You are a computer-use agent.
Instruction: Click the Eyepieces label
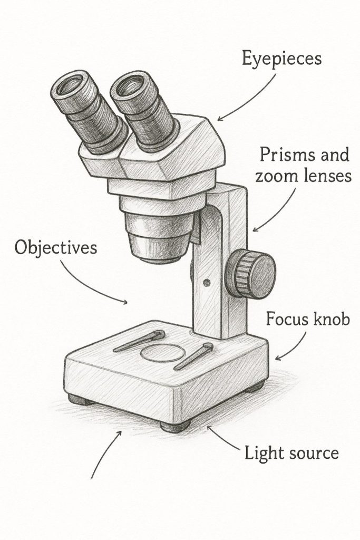pyautogui.click(x=281, y=59)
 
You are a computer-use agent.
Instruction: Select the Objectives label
pyautogui.click(x=56, y=247)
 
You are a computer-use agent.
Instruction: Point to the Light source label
pyautogui.click(x=291, y=452)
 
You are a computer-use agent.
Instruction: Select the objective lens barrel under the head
pyautogui.click(x=157, y=235)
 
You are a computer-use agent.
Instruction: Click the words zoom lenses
pyautogui.click(x=303, y=177)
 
